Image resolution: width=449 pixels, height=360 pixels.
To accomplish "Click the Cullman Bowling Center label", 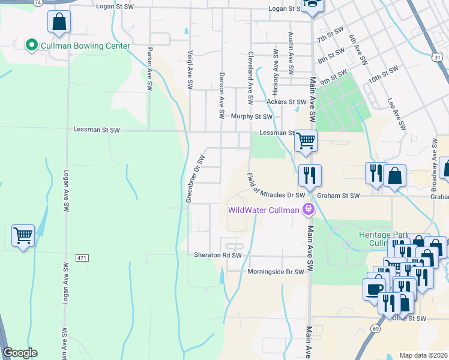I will pyautogui.click(x=85, y=45).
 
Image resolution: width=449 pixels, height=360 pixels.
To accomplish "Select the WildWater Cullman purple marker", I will pyautogui.click(x=309, y=210).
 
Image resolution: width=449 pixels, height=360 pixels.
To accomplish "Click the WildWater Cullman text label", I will pyautogui.click(x=263, y=210).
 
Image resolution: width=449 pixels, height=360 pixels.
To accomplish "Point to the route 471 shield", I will pyautogui.click(x=82, y=257).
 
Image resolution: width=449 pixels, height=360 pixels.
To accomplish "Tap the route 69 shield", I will pyautogui.click(x=376, y=329).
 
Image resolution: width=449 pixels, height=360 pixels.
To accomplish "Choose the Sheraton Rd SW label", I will pyautogui.click(x=217, y=255).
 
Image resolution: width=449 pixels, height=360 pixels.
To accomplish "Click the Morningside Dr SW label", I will pyautogui.click(x=276, y=272).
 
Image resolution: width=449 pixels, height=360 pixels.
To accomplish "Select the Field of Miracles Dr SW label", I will pyautogui.click(x=277, y=185).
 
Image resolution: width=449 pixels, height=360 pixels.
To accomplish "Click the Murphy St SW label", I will pyautogui.click(x=252, y=116).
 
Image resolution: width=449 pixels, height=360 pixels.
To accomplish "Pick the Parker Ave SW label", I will pyautogui.click(x=149, y=69).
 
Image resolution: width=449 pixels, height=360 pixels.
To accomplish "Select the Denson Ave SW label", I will pyautogui.click(x=222, y=95).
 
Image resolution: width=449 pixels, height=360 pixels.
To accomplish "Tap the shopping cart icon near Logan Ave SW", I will pyautogui.click(x=23, y=236).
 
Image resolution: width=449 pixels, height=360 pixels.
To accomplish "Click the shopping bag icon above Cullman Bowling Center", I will pyautogui.click(x=59, y=22).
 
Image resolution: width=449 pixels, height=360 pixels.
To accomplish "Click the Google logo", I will pyautogui.click(x=20, y=353).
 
